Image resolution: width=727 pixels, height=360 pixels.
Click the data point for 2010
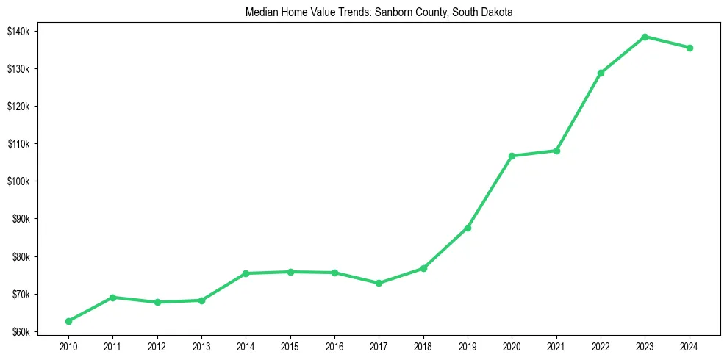[x=68, y=321]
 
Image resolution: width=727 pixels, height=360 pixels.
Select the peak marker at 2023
[x=645, y=37]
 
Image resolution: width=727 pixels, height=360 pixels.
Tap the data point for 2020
[x=512, y=156]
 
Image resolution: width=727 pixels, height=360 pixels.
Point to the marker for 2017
[x=379, y=283]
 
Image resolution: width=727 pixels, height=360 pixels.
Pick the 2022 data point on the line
[x=601, y=73]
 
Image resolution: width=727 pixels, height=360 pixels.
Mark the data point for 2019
[x=468, y=228]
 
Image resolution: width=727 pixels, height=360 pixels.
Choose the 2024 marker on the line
[x=690, y=48]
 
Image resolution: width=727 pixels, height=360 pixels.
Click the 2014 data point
[x=246, y=273]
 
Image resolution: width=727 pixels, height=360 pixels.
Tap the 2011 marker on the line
[x=112, y=298]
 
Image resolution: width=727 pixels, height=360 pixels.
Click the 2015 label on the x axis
[x=290, y=346]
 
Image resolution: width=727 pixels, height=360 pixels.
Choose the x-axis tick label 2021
[x=556, y=346]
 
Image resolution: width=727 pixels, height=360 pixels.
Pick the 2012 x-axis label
[x=157, y=346]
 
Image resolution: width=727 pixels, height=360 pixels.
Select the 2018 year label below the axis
[x=423, y=346]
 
